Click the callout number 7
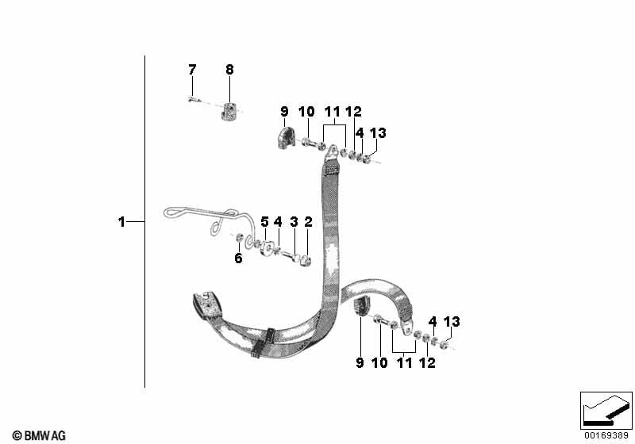(192, 70)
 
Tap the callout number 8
(229, 70)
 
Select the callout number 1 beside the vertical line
(121, 222)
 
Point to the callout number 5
(264, 221)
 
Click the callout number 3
(294, 221)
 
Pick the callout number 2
(308, 221)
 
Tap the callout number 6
(239, 258)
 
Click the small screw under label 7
(193, 98)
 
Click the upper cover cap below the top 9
(286, 138)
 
